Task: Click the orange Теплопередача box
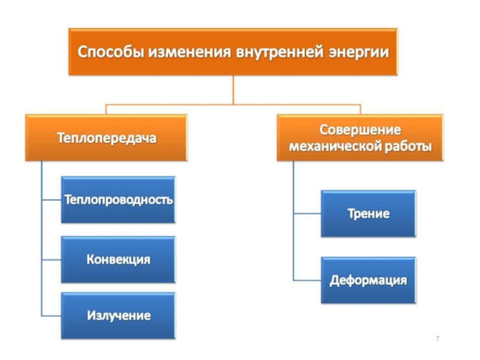(107, 138)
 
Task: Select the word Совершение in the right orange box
(360, 130)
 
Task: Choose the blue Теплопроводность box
(119, 200)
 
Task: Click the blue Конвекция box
(119, 259)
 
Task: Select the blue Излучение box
(119, 315)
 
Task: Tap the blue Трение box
(368, 214)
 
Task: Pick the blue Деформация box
(368, 280)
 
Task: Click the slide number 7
(437, 340)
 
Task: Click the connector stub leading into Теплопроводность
(51, 200)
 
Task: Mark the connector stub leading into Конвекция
(51, 259)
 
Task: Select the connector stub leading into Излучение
(51, 315)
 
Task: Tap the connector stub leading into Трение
(307, 214)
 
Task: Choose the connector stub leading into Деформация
(307, 280)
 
